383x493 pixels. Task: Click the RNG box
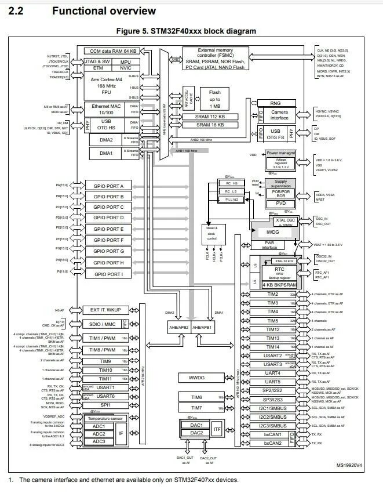click(x=276, y=103)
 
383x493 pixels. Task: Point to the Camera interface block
click(x=279, y=115)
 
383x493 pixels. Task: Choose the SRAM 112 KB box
click(x=209, y=117)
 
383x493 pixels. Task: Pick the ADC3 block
click(x=99, y=442)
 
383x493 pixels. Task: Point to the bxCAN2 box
click(x=272, y=444)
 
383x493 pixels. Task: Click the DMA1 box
click(x=105, y=153)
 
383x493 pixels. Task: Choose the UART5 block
click(x=272, y=382)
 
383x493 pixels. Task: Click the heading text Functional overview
click(x=104, y=11)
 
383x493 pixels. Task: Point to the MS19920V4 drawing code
click(x=349, y=465)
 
